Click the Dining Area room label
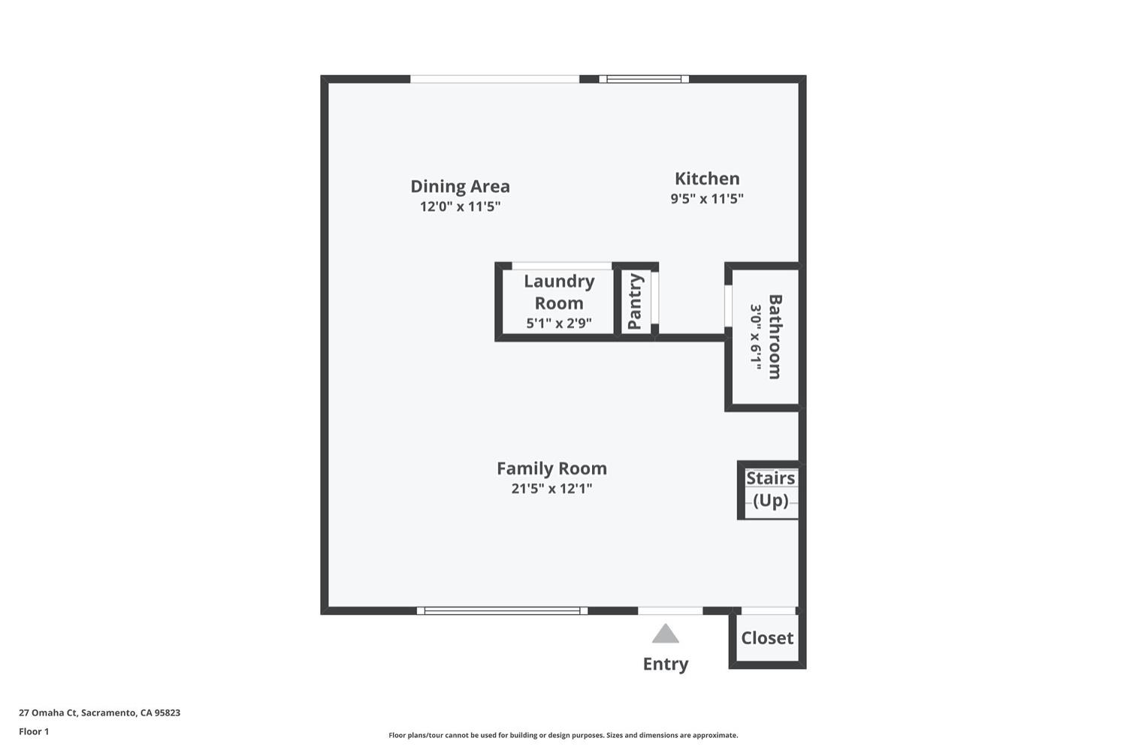coord(460,186)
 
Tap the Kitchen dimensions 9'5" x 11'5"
coord(707,198)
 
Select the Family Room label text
coord(552,468)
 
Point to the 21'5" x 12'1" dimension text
coord(552,489)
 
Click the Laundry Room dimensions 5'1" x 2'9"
coord(559,323)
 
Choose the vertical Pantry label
coord(635,302)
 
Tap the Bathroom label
coord(775,337)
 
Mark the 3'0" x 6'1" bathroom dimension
coord(756,337)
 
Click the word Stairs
coord(770,478)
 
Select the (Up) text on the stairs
coord(770,501)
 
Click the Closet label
coord(767,638)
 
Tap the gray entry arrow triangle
coord(666,634)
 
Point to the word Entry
coord(666,664)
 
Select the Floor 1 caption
coord(34,731)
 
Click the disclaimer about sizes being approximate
coord(563,735)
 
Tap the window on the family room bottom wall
coord(502,611)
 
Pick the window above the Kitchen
coord(643,79)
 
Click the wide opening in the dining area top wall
coord(495,79)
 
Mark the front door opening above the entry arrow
coord(670,611)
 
